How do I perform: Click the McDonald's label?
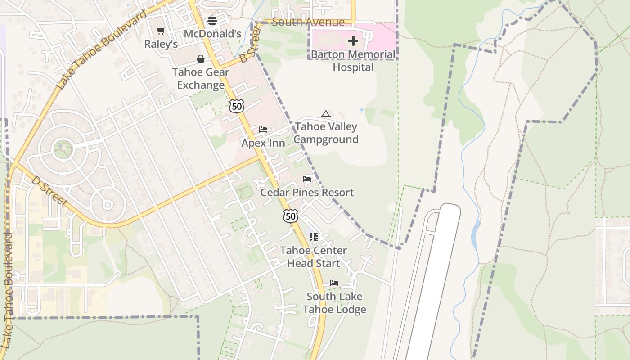(x=213, y=34)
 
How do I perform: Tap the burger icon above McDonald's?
(x=212, y=20)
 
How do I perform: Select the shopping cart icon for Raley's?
(x=161, y=31)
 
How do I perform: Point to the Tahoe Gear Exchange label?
(x=201, y=79)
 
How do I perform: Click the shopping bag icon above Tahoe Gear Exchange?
(x=201, y=59)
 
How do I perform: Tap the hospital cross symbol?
(x=353, y=41)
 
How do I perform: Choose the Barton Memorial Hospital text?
(x=353, y=61)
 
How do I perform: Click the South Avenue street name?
(x=308, y=22)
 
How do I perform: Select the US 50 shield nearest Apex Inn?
(x=236, y=106)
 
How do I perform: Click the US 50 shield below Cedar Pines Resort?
(x=291, y=216)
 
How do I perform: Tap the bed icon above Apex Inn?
(x=263, y=130)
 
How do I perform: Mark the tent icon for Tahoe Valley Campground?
(x=326, y=114)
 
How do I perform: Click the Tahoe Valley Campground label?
(x=326, y=133)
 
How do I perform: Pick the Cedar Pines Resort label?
(x=307, y=193)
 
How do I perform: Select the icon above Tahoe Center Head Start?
(x=314, y=237)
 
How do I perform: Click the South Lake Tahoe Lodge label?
(x=334, y=303)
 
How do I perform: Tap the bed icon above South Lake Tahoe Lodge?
(x=334, y=283)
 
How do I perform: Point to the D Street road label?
(x=49, y=191)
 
